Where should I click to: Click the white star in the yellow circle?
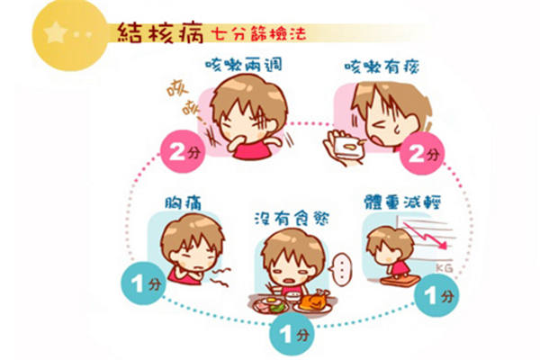click(56, 32)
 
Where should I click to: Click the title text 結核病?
click(160, 33)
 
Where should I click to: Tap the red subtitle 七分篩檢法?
click(258, 34)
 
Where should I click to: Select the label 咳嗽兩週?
click(244, 65)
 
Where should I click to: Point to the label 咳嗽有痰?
click(382, 66)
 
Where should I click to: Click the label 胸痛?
click(183, 202)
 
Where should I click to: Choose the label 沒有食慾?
click(292, 218)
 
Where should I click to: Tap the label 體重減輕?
click(402, 202)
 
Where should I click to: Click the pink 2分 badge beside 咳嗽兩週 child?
click(183, 151)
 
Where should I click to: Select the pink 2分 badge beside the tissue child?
click(421, 154)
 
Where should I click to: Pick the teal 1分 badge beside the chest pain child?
click(143, 283)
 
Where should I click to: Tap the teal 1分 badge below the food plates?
click(292, 334)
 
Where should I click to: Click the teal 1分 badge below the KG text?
click(436, 295)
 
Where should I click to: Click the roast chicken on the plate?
click(314, 300)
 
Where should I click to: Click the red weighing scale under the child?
click(400, 280)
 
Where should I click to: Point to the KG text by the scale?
click(444, 267)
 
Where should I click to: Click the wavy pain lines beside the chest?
click(220, 278)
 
